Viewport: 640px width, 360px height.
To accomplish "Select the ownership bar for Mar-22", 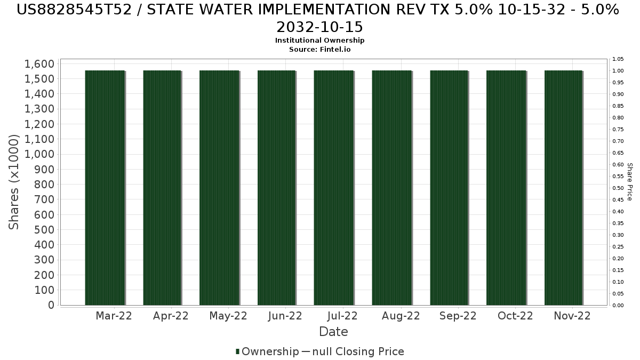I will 105,188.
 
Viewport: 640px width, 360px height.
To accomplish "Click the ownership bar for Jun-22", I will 276,188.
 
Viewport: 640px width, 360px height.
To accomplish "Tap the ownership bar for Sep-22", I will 449,188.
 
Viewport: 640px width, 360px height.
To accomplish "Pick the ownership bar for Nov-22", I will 563,188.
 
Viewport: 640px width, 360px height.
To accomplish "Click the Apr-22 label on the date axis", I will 171,316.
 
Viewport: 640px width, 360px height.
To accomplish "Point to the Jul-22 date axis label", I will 343,316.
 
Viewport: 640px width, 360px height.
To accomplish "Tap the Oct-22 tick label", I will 515,316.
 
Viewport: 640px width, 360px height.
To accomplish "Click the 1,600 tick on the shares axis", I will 39,64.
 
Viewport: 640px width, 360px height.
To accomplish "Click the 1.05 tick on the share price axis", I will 618,59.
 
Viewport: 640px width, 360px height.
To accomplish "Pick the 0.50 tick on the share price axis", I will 618,188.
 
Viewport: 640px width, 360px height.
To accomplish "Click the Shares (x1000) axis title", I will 14,182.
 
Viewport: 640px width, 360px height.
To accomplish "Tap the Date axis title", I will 333,332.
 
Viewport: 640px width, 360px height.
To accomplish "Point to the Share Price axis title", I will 629,182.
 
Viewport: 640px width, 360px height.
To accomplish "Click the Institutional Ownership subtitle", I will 319,41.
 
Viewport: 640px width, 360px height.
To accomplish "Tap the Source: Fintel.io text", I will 319,49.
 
